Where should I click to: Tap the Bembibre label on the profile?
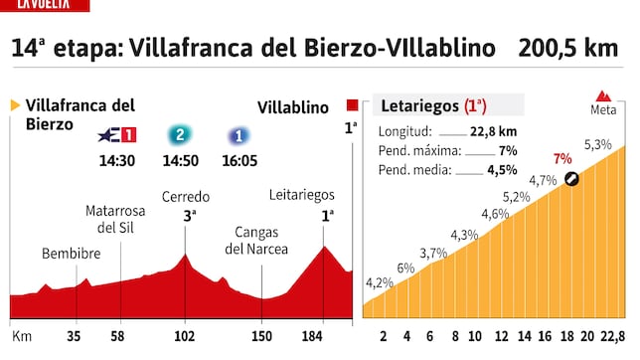[72, 254]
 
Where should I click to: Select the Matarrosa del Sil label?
[116, 219]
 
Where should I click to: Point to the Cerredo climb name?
[185, 196]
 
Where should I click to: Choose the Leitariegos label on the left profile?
[302, 194]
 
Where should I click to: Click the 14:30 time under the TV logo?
[118, 159]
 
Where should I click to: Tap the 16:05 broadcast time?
[240, 159]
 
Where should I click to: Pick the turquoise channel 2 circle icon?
[179, 135]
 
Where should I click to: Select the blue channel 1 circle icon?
[239, 135]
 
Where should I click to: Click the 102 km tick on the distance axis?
[186, 337]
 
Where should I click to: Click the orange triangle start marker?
[15, 104]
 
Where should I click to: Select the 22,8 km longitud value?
[494, 131]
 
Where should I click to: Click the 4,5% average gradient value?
[502, 170]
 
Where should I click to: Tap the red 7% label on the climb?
[562, 158]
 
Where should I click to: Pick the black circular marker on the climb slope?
[570, 179]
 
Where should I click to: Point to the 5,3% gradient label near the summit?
[597, 145]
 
